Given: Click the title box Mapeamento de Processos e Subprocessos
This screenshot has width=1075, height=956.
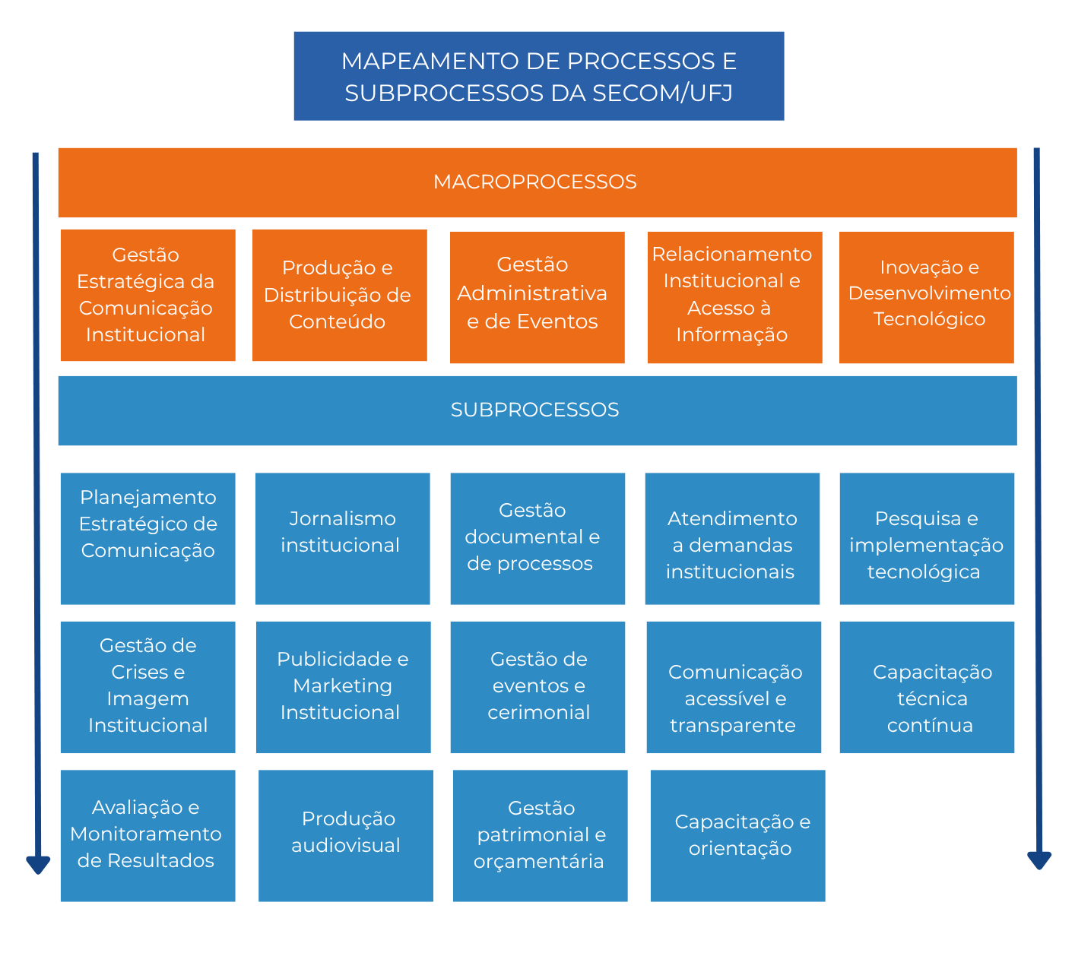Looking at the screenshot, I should click(538, 76).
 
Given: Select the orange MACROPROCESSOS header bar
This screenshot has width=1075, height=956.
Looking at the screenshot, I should click(537, 182).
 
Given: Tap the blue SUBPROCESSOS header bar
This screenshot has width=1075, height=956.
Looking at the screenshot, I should click(537, 410).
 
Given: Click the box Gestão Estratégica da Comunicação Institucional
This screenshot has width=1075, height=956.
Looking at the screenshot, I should click(147, 295).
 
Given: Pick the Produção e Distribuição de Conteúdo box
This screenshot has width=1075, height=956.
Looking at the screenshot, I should click(339, 295).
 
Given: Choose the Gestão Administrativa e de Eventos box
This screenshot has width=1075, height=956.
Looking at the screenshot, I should click(537, 296).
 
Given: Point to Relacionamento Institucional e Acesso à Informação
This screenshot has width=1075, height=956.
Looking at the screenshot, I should click(734, 296).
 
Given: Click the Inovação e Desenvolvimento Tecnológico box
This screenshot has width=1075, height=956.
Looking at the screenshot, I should click(926, 296).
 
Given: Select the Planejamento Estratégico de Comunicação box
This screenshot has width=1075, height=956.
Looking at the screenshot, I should click(147, 538).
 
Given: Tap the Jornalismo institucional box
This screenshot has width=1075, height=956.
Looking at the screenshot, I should click(342, 538).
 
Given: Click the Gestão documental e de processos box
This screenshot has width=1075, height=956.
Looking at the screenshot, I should click(537, 538).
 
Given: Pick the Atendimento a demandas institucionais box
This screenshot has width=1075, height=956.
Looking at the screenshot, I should click(732, 538).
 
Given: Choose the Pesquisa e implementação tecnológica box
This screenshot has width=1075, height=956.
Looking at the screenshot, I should click(927, 538).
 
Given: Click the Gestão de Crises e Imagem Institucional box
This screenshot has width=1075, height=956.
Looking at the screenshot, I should click(147, 687).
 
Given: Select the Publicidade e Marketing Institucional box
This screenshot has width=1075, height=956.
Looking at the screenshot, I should click(343, 687).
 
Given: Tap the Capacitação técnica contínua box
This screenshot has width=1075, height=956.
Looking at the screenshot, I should click(927, 687).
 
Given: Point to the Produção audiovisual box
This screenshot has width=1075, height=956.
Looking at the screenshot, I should click(345, 835).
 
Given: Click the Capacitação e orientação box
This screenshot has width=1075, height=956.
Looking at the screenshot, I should click(737, 835).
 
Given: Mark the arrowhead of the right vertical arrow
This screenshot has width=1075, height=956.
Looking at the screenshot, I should click(1039, 859).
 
